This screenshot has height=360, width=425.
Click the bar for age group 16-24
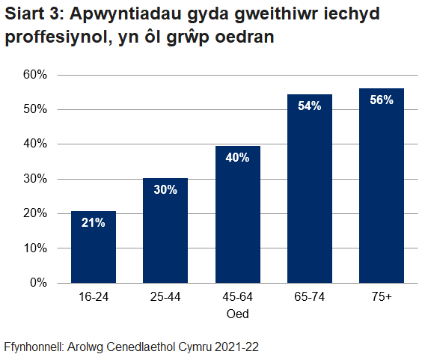pos(94,247)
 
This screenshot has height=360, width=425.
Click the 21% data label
pos(94,223)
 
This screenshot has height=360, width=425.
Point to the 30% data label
pos(165,190)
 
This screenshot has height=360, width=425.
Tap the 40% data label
pos(237,157)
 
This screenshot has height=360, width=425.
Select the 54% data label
pos(309,106)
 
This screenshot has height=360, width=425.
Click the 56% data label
pos(381,100)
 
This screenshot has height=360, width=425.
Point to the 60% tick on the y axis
pos(34,75)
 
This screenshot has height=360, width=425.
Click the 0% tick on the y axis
pos(37,283)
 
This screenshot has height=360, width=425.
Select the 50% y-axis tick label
pos(34,109)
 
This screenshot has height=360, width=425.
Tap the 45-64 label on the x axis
pos(237,298)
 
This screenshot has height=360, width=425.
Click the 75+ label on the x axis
pos(381,298)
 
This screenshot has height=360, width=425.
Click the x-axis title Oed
pos(237,314)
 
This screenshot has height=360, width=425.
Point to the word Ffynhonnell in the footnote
pos(33,347)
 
